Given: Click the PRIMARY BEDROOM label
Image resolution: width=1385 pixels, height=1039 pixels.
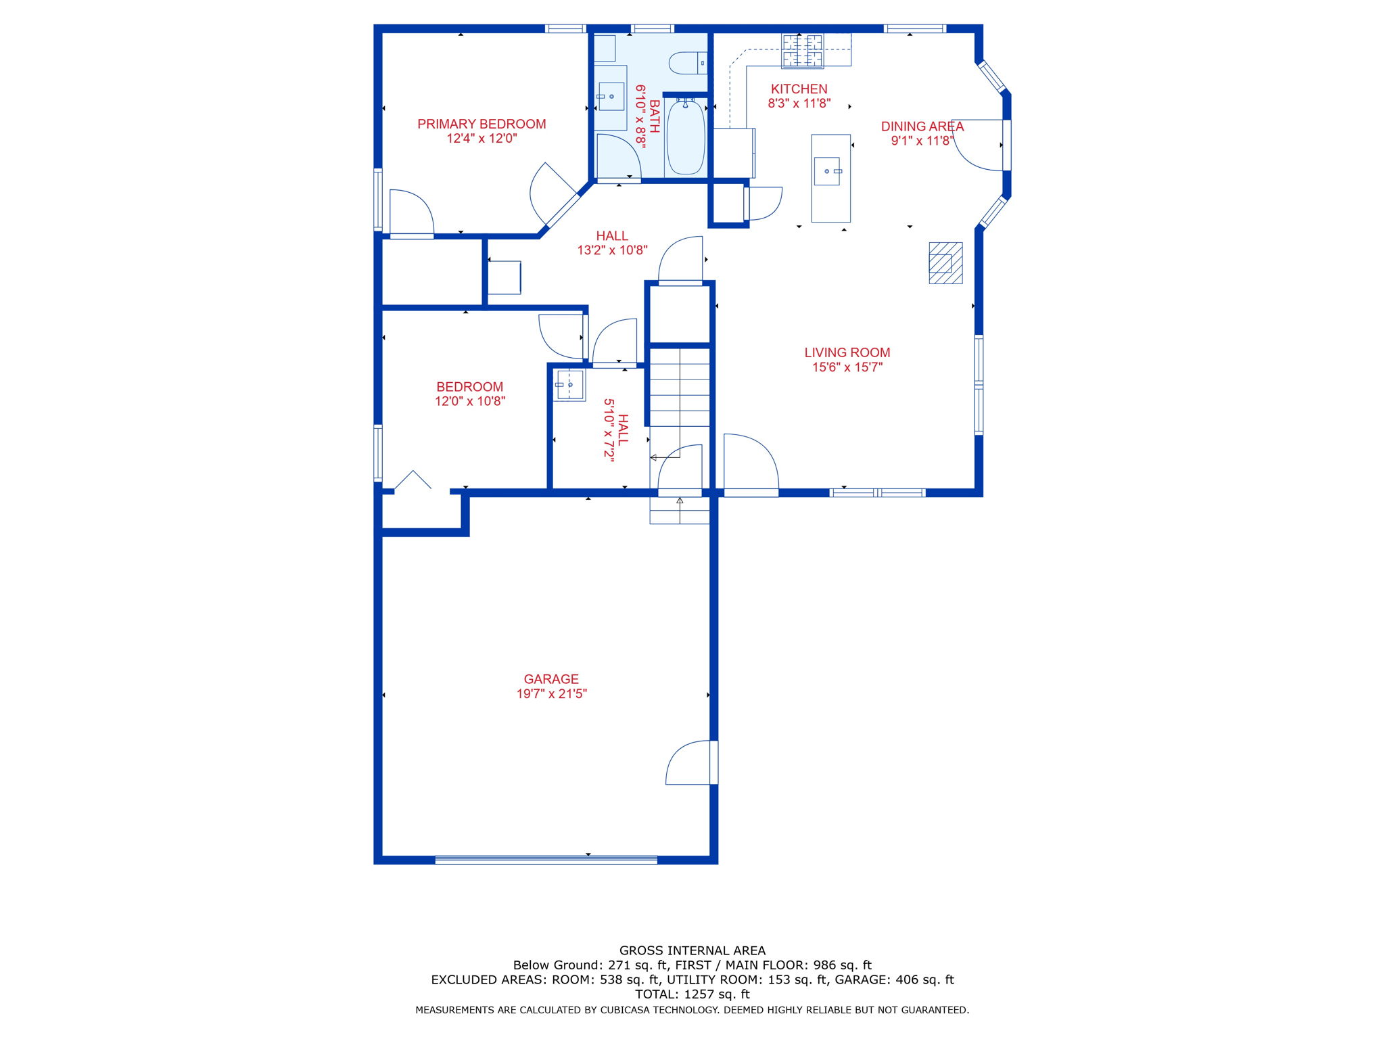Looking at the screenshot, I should click(x=482, y=124).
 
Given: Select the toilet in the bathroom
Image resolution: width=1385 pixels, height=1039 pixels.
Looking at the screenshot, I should click(x=686, y=64).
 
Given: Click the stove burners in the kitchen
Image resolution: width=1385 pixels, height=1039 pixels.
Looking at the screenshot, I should click(x=803, y=51).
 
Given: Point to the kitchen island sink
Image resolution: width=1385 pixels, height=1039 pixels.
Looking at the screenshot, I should click(x=827, y=171).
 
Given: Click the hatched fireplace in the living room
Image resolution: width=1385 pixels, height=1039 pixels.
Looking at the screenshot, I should click(x=945, y=262).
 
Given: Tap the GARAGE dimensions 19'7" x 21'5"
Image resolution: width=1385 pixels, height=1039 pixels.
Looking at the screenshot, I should click(x=551, y=694).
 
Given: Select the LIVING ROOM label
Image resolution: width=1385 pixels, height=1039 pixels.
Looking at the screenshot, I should click(x=847, y=352).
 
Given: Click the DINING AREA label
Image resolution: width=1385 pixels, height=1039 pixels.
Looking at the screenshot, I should click(x=922, y=126).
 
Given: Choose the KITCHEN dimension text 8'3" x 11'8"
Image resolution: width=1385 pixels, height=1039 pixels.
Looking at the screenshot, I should click(x=799, y=104).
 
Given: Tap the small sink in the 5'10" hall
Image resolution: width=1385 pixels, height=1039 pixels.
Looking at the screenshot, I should click(x=569, y=385).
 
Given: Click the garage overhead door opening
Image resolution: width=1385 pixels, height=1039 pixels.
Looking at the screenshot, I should click(x=546, y=860).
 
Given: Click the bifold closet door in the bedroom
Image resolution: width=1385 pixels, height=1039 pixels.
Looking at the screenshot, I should click(x=413, y=480).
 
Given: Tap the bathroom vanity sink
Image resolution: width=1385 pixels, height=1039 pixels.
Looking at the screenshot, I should click(x=611, y=97).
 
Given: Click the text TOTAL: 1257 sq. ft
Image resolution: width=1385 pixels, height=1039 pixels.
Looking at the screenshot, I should click(x=692, y=994).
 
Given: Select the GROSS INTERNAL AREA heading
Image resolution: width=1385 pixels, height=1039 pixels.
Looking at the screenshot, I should click(x=692, y=950).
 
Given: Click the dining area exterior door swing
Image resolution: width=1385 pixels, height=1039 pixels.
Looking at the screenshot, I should click(x=978, y=145).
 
